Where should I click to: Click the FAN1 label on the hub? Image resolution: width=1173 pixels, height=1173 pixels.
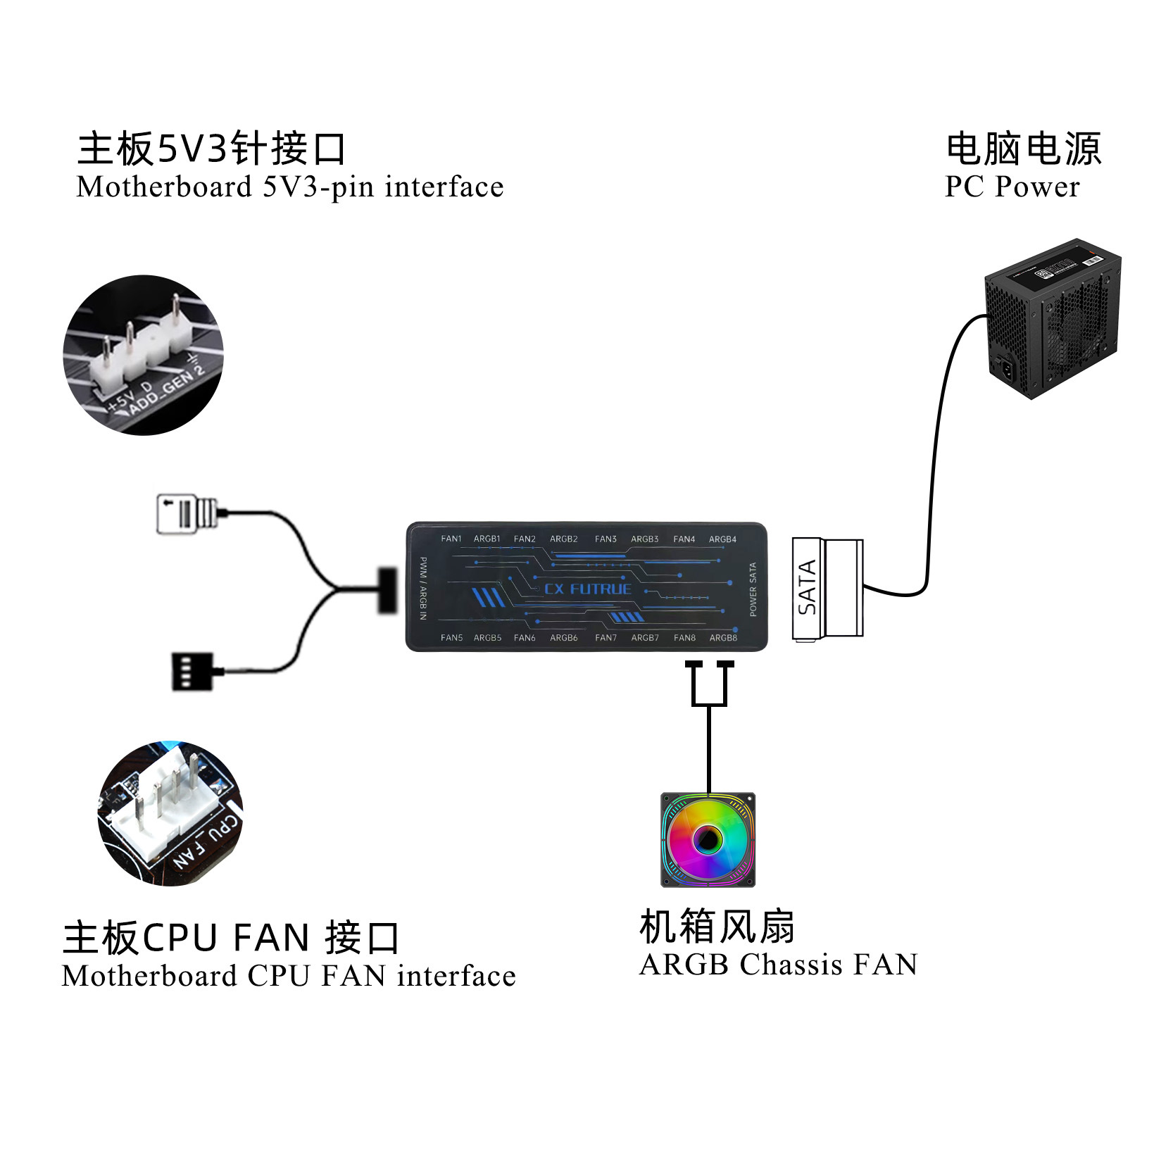[x=451, y=539]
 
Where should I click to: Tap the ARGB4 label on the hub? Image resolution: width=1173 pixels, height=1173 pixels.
[x=722, y=539]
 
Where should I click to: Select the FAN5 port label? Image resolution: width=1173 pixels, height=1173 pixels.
[x=451, y=638]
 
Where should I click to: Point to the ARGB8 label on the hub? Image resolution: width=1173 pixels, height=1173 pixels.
[x=723, y=638]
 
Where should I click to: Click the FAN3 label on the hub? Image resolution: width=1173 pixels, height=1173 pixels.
[x=606, y=539]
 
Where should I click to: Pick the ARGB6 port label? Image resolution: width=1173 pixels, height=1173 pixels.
[x=563, y=638]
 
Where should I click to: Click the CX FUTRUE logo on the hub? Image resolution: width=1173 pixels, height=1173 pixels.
[x=588, y=589]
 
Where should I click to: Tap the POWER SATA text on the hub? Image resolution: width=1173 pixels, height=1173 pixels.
[x=753, y=589]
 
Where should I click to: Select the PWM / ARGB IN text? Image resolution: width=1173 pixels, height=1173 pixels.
[x=423, y=588]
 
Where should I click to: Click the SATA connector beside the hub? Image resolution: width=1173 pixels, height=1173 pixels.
[x=827, y=589]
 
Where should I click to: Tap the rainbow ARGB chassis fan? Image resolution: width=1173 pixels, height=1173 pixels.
[x=708, y=839]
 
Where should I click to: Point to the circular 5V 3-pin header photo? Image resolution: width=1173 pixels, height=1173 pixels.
[x=144, y=355]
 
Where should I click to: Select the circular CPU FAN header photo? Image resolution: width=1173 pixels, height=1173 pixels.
[x=170, y=813]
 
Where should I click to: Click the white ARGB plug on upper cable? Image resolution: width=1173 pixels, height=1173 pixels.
[x=186, y=513]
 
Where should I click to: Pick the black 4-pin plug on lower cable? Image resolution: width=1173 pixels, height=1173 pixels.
[x=192, y=671]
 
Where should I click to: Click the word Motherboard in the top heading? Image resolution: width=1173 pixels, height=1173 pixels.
[x=164, y=187]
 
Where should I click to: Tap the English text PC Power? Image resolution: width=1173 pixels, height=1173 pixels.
[x=1012, y=187]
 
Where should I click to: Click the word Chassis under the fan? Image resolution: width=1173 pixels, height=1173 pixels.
[x=791, y=965]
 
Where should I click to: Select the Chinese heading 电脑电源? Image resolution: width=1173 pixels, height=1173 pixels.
[x=1023, y=149]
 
